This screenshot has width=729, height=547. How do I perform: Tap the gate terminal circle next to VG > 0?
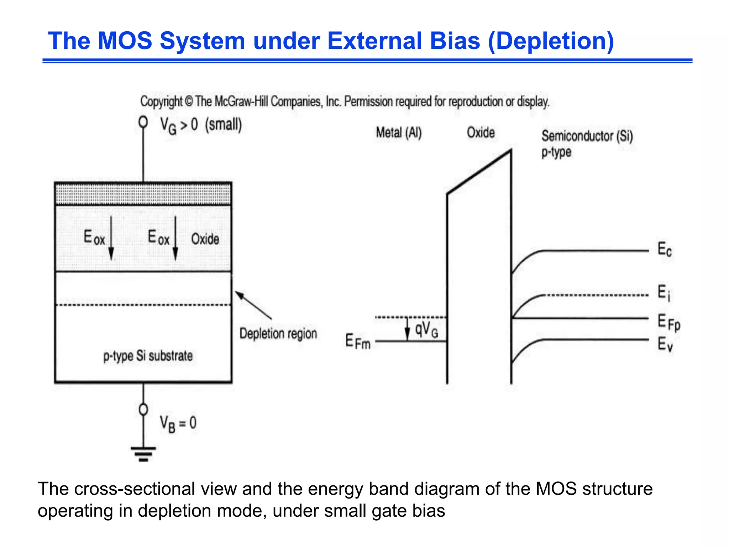(143, 122)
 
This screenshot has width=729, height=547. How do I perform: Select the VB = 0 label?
(178, 424)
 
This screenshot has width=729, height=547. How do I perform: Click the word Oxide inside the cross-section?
(205, 239)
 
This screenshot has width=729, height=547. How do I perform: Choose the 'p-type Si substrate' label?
(148, 356)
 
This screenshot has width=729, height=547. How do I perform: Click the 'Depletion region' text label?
(278, 334)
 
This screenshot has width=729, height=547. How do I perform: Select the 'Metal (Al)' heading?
(399, 133)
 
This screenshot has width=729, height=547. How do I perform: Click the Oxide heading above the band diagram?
(481, 132)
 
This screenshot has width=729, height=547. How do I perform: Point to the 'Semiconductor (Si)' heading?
(587, 136)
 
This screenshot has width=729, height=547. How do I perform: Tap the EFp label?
(668, 322)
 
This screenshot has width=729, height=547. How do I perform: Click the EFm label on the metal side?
(358, 341)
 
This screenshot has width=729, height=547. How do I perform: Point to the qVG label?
(426, 329)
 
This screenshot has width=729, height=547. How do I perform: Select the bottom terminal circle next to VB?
(143, 410)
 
